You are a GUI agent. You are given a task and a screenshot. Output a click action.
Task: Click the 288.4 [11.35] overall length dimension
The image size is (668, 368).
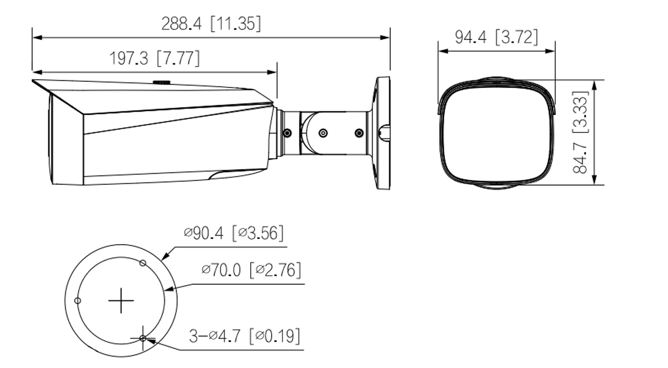point(211,24)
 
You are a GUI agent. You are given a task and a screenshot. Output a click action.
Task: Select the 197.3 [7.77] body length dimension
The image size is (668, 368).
point(154,58)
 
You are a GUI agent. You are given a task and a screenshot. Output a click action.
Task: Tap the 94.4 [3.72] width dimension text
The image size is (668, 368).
point(496,37)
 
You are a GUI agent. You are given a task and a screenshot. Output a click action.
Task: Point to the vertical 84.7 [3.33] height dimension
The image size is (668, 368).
point(580,132)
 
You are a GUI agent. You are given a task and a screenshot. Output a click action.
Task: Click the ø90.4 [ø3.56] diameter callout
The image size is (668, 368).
point(233,233)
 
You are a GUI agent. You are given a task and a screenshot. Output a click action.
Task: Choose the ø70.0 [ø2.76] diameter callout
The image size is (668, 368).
point(251,270)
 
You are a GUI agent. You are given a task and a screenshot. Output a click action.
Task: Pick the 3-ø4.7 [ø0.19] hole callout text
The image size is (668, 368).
point(244,335)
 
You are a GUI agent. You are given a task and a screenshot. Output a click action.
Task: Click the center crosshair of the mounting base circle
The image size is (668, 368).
point(121,300)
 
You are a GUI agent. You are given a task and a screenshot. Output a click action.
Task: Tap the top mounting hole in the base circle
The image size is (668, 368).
point(143,263)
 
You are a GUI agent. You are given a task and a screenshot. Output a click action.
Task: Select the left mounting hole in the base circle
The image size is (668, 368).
point(77,300)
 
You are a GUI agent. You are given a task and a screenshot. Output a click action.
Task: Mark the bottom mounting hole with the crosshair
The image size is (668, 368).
point(143,338)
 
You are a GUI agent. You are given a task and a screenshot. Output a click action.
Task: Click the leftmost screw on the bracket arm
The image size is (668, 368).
point(287,133)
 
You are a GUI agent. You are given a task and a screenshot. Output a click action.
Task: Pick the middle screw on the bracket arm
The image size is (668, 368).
point(323,133)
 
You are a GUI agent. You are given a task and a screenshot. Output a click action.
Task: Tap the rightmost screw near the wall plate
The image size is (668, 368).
point(359,133)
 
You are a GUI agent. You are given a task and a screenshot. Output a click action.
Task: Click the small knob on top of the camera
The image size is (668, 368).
point(161,82)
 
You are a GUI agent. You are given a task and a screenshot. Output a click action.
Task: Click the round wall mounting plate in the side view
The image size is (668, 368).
point(382,133)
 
